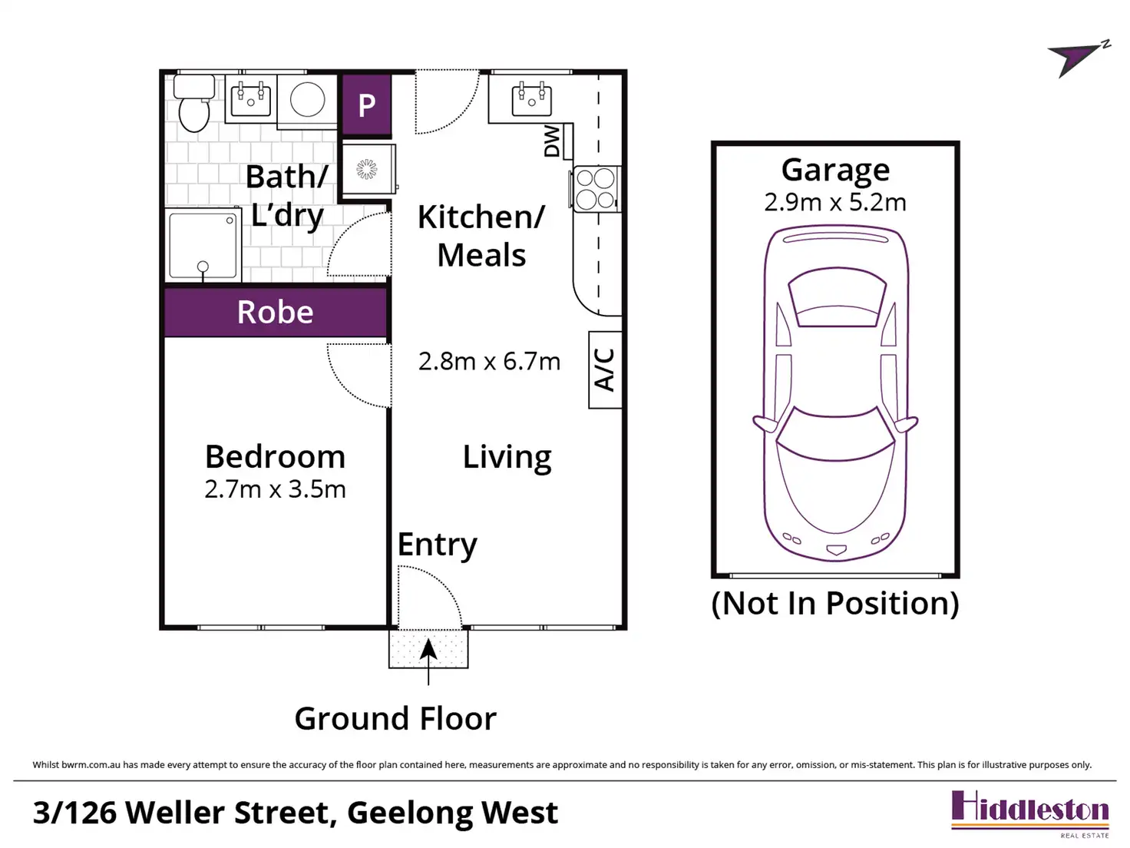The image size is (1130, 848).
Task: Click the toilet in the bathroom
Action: click(x=194, y=103)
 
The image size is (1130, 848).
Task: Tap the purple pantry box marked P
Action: click(x=366, y=104)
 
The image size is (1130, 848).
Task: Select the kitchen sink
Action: click(x=531, y=99)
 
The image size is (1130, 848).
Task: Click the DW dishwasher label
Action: click(x=551, y=141)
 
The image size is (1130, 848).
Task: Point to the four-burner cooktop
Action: click(x=596, y=189)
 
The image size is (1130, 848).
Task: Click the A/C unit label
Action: click(x=604, y=369)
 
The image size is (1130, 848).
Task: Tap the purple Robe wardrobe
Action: click(x=276, y=312)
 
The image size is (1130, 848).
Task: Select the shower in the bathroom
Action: click(x=204, y=245)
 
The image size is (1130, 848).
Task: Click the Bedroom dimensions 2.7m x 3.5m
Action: click(x=275, y=489)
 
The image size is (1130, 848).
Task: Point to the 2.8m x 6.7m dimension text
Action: click(x=489, y=362)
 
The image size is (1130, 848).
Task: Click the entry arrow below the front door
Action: click(x=428, y=661)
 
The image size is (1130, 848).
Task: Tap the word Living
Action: click(x=507, y=458)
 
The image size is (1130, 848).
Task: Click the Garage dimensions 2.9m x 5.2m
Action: click(x=835, y=202)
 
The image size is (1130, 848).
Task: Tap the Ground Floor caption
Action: click(x=395, y=719)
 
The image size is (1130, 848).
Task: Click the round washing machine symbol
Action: click(x=307, y=100)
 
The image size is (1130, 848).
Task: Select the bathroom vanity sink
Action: click(x=251, y=99)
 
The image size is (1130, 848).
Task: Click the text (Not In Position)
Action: click(x=835, y=603)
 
